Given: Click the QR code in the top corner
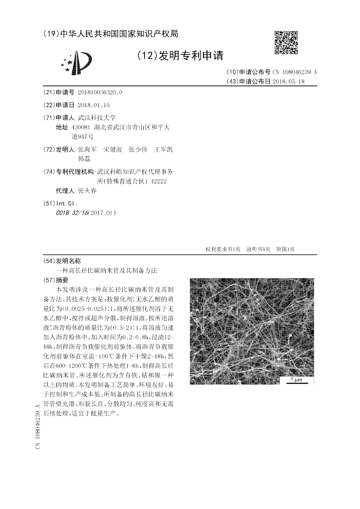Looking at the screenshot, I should pos(286,43).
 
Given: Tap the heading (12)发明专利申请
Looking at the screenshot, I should pos(179,55).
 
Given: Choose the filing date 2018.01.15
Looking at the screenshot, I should pos(94,105).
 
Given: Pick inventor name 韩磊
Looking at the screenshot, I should pos(84,159).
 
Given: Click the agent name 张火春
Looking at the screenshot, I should pos(87,191).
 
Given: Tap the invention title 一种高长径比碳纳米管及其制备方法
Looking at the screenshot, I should pos(107,270).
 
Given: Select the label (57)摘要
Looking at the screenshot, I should pos(60,279).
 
